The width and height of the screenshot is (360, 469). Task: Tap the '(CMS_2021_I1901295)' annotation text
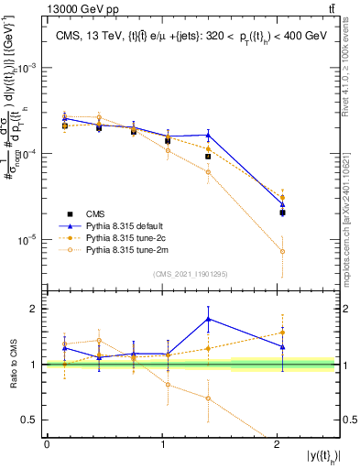click(x=190, y=273)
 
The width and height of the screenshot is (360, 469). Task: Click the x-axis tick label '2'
click(x=278, y=443)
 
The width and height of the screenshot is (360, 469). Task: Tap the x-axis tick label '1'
click(x=162, y=443)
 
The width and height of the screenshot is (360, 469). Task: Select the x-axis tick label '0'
click(x=47, y=443)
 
